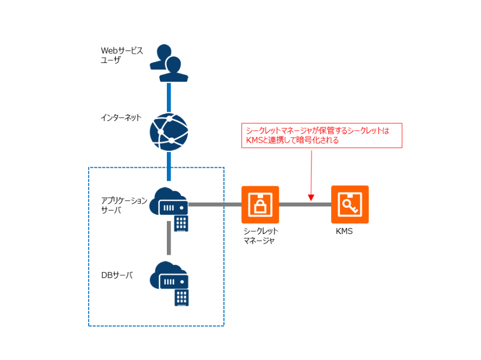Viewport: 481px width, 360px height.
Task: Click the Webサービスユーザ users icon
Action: pyautogui.click(x=169, y=63)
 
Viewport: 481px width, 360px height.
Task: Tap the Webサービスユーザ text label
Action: pyautogui.click(x=122, y=55)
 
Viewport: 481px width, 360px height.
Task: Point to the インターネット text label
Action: pyautogui.click(x=121, y=117)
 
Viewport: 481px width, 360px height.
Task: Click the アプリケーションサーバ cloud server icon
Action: pyautogui.click(x=170, y=202)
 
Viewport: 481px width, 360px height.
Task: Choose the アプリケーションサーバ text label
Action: pyautogui.click(x=124, y=205)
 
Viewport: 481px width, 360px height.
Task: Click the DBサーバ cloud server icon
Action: pyautogui.click(x=170, y=277)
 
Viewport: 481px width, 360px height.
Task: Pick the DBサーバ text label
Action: pyautogui.click(x=117, y=275)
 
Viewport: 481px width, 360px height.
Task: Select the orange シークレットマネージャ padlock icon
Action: pyautogui.click(x=260, y=205)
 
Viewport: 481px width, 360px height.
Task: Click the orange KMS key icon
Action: pyautogui.click(x=350, y=205)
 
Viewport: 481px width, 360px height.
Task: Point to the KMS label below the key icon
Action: pyautogui.click(x=345, y=231)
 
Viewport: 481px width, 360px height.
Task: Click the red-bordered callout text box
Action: pyautogui.click(x=321, y=136)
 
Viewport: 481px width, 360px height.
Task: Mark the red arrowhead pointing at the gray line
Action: pyautogui.click(x=311, y=197)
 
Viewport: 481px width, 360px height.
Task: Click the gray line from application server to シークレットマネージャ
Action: pyautogui.click(x=215, y=205)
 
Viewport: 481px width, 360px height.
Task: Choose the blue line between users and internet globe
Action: pyautogui.click(x=169, y=97)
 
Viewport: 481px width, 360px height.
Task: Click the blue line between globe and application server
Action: pyautogui.click(x=169, y=166)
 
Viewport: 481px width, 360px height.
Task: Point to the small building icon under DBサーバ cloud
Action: pyautogui.click(x=182, y=297)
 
